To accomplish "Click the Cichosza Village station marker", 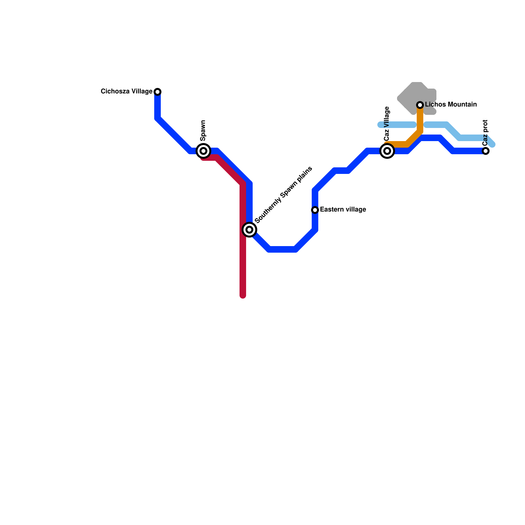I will [x=157, y=92].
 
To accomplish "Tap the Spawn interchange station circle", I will [x=203, y=151].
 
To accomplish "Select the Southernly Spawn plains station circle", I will [x=249, y=229].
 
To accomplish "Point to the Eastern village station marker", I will [x=315, y=210].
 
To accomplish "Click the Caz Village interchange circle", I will [x=387, y=151].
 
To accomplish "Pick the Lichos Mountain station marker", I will [x=420, y=105].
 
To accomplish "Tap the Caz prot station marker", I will [x=486, y=151].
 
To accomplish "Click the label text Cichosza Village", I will [x=126, y=92].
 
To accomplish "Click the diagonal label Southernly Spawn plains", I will [x=283, y=195].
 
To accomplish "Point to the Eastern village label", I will [x=343, y=210].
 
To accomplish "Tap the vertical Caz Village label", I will [x=387, y=124].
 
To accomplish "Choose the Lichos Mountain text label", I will [x=451, y=105].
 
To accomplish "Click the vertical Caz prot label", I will [x=486, y=133].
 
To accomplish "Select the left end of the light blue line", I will [x=380, y=125].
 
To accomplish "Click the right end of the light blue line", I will [x=493, y=144].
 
